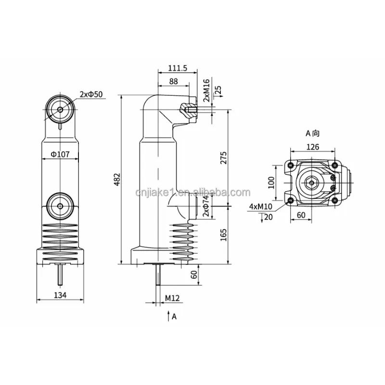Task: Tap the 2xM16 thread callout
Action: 206,91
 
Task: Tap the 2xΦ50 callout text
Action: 91,94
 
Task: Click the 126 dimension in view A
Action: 312,147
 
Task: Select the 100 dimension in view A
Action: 271,182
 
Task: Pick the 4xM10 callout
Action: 260,207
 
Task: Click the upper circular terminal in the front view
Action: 60,109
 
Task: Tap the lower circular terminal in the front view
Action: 60,206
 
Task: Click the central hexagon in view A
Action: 312,182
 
